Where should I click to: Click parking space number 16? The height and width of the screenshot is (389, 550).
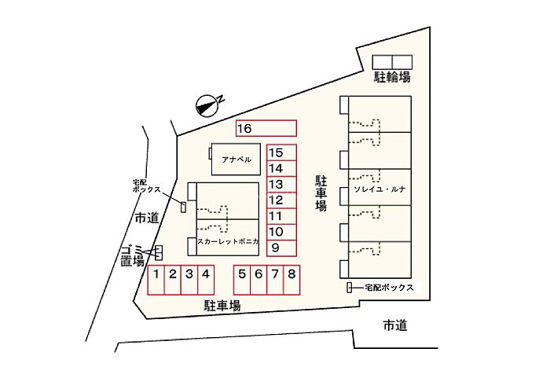point(266,128)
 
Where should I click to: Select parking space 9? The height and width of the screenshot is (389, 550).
point(281,248)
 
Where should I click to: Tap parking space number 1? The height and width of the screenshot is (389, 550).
point(156,280)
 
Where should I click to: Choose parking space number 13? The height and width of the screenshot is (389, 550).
point(281,185)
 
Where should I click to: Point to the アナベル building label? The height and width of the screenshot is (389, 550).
point(236,160)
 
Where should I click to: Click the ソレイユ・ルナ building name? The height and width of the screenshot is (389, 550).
point(379,189)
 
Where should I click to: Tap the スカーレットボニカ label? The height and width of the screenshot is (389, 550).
point(228,242)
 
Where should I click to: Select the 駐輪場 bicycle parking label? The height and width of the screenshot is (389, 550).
point(392,77)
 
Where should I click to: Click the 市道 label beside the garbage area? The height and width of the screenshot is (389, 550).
point(147,218)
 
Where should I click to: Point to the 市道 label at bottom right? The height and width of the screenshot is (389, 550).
point(395,325)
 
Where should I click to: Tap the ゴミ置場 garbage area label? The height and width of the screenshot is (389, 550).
point(133,256)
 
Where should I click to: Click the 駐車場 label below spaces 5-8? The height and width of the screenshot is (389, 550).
point(222,306)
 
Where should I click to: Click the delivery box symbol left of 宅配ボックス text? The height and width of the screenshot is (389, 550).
point(350,288)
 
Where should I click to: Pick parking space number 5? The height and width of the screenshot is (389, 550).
point(242,280)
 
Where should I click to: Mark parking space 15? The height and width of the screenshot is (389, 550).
point(281,153)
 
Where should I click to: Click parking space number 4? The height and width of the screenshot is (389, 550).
point(206,280)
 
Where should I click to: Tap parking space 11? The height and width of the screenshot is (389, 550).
point(281,216)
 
